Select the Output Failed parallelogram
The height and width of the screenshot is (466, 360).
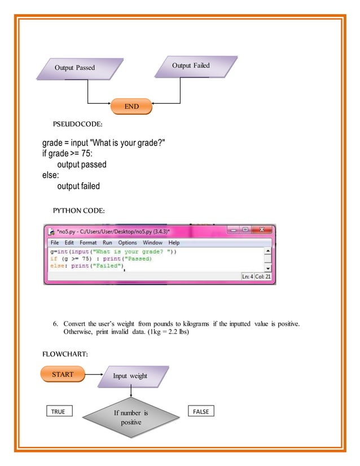click(x=191, y=65)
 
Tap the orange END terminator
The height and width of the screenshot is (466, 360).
click(x=131, y=106)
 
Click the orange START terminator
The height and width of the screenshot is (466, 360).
click(x=62, y=374)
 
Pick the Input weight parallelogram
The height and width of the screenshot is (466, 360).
click(x=131, y=376)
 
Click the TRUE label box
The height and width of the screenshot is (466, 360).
click(x=58, y=412)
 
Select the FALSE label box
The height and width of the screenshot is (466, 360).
click(x=200, y=412)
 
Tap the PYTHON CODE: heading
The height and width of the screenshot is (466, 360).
click(x=79, y=211)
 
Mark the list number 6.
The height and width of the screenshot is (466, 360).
click(x=56, y=324)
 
